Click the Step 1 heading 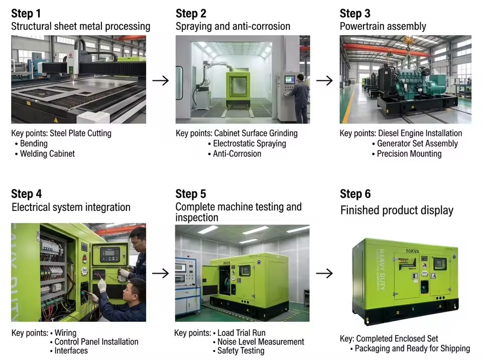(x=26, y=14)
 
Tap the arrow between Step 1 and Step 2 (x=161, y=80)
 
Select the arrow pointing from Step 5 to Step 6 (x=324, y=273)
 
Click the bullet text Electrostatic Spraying (x=250, y=144)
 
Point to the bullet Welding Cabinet (x=47, y=154)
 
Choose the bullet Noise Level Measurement (x=261, y=342)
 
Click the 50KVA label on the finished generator (x=412, y=251)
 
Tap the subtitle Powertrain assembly (x=383, y=27)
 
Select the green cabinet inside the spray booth (x=238, y=90)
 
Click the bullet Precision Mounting (x=409, y=154)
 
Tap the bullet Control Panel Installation (x=96, y=342)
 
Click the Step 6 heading (x=355, y=194)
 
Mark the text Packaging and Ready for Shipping (x=412, y=348)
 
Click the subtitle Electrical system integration (x=71, y=207)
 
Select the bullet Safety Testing (x=240, y=351)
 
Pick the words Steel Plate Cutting (x=80, y=134)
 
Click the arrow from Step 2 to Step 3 (x=324, y=80)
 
